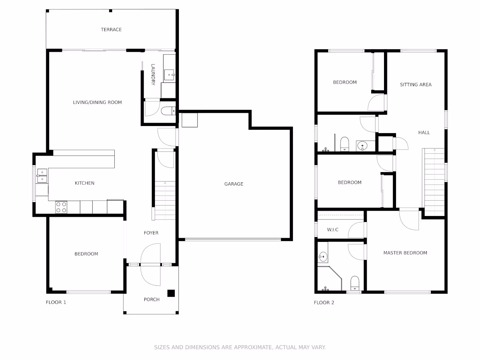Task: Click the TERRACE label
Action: (x=111, y=30)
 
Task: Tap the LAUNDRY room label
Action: (x=153, y=75)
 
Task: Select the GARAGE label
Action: (x=234, y=184)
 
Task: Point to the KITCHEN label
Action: (x=84, y=183)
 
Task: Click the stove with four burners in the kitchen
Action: (x=61, y=207)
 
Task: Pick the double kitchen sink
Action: (x=42, y=176)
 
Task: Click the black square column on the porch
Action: (x=171, y=293)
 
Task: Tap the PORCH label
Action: (x=151, y=300)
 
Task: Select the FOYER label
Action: (x=151, y=233)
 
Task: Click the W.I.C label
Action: (x=333, y=230)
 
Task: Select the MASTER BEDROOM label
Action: (x=405, y=253)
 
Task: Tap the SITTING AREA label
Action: (x=415, y=85)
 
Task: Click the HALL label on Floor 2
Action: (x=424, y=133)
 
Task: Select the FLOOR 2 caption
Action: (x=324, y=303)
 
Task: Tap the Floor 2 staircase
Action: (x=433, y=182)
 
